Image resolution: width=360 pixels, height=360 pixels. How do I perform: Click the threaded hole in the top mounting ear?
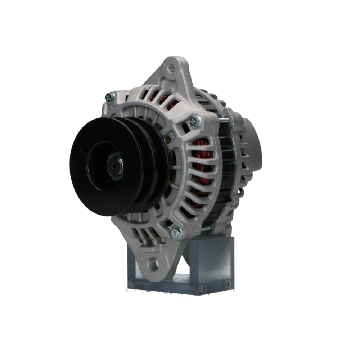tap(171, 68)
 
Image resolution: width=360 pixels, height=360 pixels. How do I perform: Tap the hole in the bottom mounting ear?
tap(153, 265)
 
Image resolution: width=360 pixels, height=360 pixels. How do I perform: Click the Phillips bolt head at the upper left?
tap(110, 96)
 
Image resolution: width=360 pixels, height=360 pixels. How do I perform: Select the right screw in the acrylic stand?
tap(228, 284)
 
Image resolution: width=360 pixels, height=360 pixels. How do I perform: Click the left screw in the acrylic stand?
tap(204, 288)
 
